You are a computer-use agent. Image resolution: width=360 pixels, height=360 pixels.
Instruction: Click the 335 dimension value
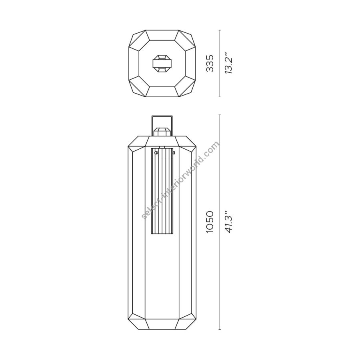[x=210, y=63]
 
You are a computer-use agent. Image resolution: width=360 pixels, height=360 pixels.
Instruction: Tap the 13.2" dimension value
[x=228, y=63]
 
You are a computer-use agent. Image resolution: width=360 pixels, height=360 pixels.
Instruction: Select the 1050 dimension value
[x=210, y=222]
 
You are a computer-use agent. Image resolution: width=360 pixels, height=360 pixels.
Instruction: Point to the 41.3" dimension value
[x=228, y=222]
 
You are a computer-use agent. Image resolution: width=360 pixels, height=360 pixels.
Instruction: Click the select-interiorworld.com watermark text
[x=181, y=180]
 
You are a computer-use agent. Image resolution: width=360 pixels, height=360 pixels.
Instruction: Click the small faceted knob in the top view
[x=162, y=63]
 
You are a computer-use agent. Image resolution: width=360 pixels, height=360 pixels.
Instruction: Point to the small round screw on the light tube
[x=156, y=152]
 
